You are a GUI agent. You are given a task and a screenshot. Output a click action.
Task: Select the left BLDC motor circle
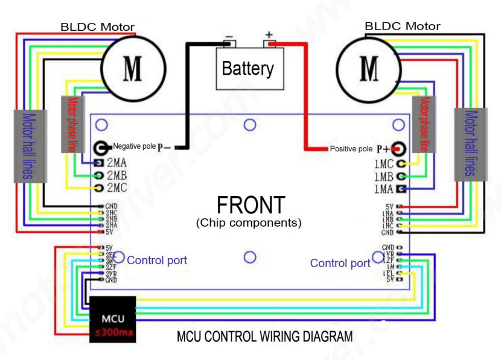[132, 68]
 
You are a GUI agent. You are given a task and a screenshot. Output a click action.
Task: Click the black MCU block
[113, 320]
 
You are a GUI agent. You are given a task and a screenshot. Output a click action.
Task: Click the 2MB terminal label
[116, 175]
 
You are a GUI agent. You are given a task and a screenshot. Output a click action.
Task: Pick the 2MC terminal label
[116, 188]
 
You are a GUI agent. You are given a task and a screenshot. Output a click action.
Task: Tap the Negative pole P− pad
[101, 147]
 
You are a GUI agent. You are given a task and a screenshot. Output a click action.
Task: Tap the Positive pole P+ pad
[398, 148]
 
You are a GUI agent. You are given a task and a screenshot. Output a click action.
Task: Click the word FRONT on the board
[250, 205]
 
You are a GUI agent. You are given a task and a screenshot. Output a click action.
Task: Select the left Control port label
[157, 261]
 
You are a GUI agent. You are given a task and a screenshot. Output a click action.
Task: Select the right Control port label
[340, 263]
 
